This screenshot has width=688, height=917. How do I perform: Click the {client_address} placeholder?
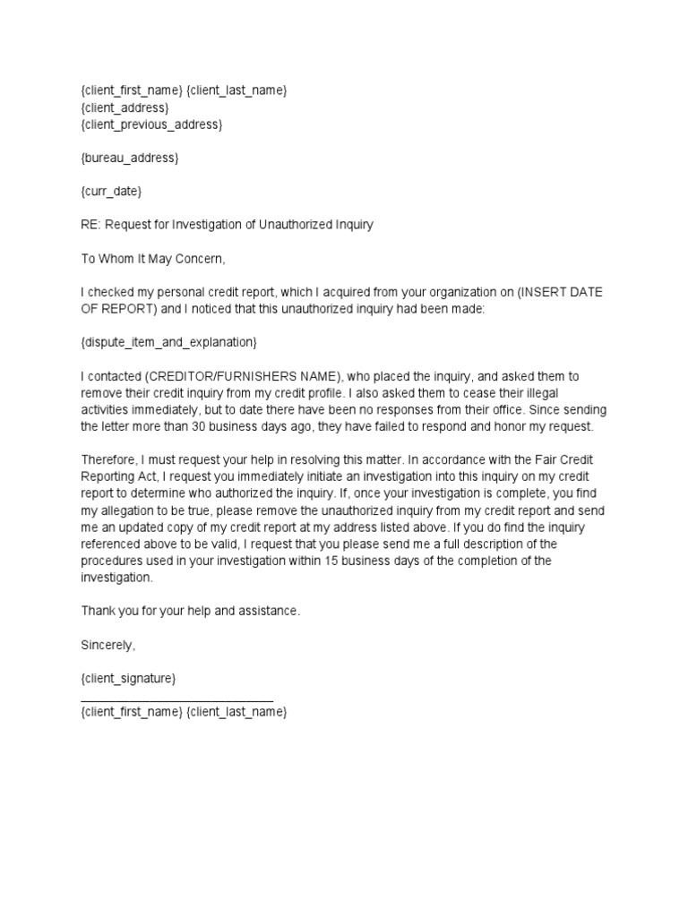tap(125, 107)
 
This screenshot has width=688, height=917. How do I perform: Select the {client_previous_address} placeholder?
tap(151, 124)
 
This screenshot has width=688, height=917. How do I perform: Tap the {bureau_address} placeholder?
tap(130, 158)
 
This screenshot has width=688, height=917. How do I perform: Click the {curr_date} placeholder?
tap(111, 192)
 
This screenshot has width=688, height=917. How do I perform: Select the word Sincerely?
tap(107, 645)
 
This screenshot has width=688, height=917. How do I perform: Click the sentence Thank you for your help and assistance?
tap(191, 611)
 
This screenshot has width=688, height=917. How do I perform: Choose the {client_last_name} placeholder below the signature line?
tap(236, 712)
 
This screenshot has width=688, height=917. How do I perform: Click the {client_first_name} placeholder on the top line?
tap(131, 90)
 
